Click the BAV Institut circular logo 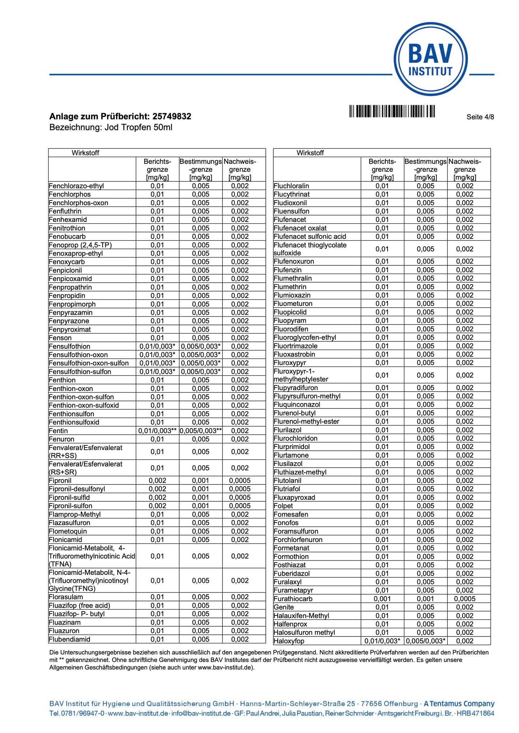click(x=430, y=60)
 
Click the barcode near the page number click(x=392, y=111)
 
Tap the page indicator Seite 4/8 click(x=480, y=117)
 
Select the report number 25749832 click(x=172, y=116)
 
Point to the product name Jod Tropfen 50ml click(x=138, y=127)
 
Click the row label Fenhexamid click(x=68, y=220)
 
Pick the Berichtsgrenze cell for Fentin click(x=157, y=431)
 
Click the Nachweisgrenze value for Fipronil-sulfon click(x=240, y=506)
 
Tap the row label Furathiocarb click(x=293, y=599)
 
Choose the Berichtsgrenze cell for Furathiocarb click(x=382, y=599)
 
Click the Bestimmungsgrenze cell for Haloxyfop click(x=426, y=641)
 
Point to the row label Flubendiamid click(x=70, y=639)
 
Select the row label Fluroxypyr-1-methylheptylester click(x=301, y=375)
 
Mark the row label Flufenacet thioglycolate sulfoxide click(x=310, y=249)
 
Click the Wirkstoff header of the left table click(x=85, y=153)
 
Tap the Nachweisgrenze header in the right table click(x=465, y=169)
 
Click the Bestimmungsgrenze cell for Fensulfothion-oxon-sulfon click(x=200, y=363)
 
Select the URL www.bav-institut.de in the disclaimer click(x=225, y=667)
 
